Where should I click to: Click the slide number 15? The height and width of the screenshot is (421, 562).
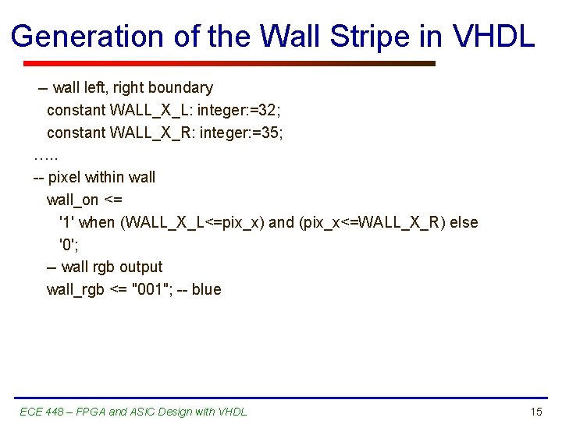tap(535, 412)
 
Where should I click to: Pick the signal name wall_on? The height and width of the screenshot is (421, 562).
tap(73, 200)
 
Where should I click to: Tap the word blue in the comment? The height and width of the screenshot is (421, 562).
tap(206, 290)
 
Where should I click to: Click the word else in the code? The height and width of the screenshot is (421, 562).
tap(464, 223)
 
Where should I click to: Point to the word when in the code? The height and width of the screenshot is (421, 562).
tap(97, 223)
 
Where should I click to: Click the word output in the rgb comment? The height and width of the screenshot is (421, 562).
tap(140, 267)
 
